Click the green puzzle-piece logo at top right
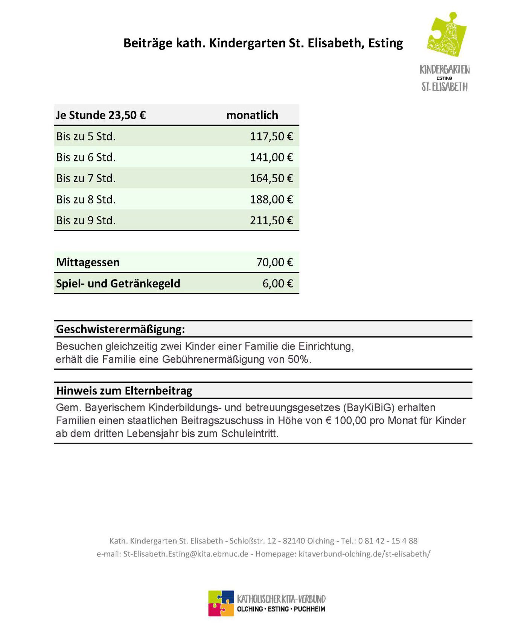click(446, 34)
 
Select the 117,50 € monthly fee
click(271, 136)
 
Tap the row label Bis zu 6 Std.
click(86, 157)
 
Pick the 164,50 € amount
click(271, 178)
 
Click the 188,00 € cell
click(271, 199)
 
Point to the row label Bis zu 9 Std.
click(86, 220)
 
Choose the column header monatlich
click(252, 115)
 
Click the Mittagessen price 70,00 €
click(274, 262)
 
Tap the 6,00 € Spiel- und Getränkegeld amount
click(277, 283)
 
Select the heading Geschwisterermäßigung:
click(120, 329)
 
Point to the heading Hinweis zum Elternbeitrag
click(124, 391)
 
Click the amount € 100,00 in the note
click(346, 420)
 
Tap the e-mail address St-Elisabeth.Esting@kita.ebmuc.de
click(186, 554)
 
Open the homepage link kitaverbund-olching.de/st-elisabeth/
click(364, 554)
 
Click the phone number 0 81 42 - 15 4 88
click(388, 541)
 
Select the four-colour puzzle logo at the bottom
click(221, 603)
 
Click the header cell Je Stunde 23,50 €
click(101, 115)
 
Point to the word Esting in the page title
click(385, 43)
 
